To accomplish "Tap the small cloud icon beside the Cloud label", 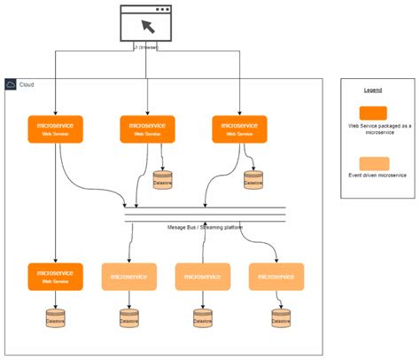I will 11,84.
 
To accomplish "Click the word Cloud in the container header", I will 27,84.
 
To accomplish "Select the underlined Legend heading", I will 373,90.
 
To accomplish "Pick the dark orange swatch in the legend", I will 373,112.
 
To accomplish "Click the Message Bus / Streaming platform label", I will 205,227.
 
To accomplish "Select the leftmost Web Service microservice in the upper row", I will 56,129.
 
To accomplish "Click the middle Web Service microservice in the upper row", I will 147,129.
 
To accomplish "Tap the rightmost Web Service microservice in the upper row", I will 239,129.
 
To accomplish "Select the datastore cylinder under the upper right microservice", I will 254,179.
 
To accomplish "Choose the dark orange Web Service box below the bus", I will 56,277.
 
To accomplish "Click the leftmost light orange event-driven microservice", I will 129,277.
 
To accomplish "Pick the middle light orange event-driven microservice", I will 203,277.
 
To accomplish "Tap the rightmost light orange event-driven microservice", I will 276,277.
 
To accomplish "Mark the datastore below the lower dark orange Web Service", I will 56,317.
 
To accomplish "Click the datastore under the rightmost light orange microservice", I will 282,317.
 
